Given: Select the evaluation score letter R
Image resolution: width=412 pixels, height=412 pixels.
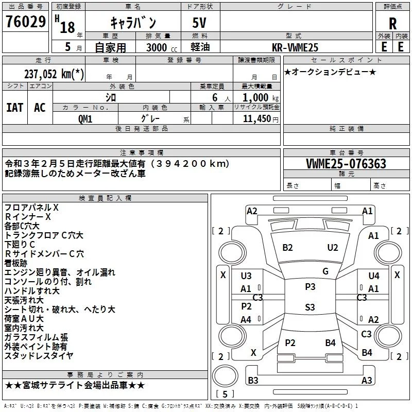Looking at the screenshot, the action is click(392, 24).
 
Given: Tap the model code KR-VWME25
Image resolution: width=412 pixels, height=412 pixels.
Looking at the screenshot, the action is click(296, 47).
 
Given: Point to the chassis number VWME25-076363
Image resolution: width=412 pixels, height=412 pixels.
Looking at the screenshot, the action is click(346, 164).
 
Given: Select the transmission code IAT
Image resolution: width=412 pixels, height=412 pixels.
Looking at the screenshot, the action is click(14, 107).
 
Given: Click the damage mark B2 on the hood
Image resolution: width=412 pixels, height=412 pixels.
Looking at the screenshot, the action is click(287, 248).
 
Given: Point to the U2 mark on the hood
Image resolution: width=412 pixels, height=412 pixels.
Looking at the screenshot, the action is click(333, 248).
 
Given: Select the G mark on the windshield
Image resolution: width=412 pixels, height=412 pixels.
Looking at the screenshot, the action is click(325, 271).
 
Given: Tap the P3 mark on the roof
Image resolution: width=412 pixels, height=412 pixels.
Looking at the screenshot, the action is click(310, 287).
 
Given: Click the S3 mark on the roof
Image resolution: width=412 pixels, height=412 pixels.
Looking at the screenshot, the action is click(310, 307).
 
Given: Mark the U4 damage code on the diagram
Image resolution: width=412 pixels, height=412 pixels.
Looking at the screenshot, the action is click(374, 276).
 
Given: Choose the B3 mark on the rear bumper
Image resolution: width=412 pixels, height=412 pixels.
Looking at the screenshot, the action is click(253, 381).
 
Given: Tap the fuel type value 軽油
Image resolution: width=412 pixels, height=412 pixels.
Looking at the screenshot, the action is click(200, 47).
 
